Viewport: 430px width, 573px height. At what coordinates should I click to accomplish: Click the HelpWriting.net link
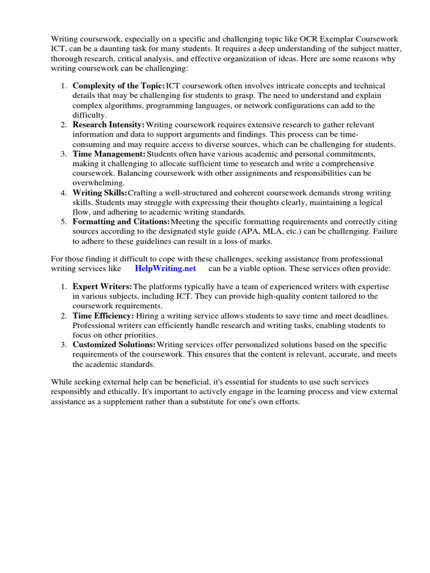165,268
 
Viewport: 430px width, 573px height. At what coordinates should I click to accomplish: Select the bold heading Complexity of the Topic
118,86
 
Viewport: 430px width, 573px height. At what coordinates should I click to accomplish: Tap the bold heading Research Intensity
109,124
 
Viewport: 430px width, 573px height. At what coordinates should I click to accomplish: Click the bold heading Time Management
109,153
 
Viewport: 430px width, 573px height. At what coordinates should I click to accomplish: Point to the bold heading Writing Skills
100,192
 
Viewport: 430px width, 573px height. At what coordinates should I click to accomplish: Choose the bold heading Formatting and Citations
121,222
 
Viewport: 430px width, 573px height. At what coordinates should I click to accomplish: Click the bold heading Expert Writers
102,286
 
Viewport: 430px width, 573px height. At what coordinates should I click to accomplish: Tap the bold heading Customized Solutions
114,345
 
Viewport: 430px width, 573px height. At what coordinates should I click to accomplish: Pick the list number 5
64,222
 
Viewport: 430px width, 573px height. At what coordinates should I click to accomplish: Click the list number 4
64,193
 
